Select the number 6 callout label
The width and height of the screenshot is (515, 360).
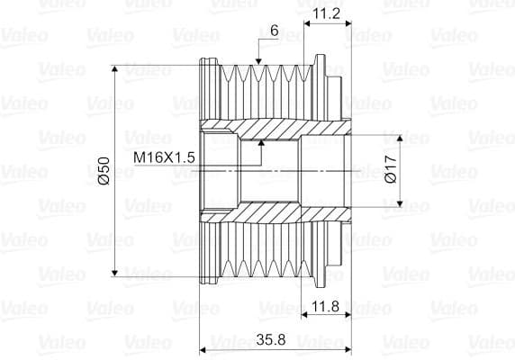point(274,31)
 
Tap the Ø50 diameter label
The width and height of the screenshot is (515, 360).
point(103,170)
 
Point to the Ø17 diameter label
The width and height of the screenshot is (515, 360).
point(390,170)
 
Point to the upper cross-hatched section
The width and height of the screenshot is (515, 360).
point(270,131)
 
